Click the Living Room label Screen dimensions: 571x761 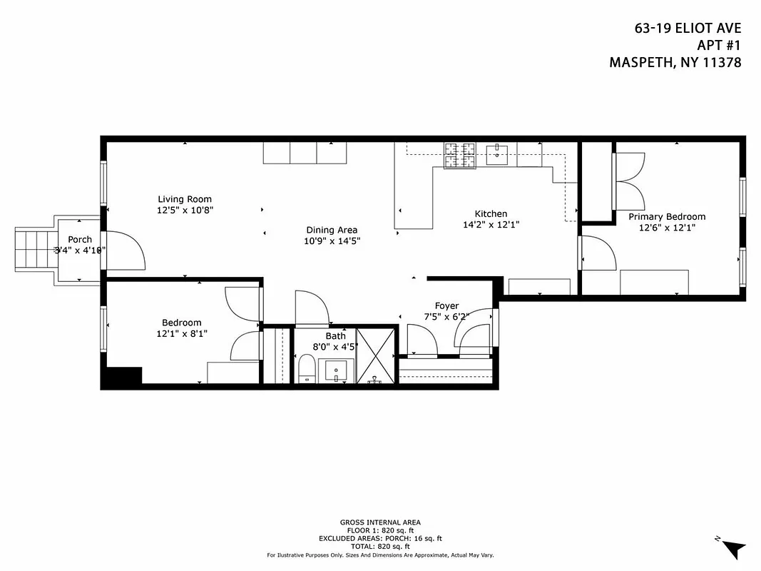185,199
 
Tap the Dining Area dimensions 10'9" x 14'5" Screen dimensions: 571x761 332,241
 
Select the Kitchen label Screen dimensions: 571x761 491,213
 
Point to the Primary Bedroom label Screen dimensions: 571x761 666,216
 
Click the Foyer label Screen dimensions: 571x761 446,305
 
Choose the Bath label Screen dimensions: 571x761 335,335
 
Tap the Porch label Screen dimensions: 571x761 80,239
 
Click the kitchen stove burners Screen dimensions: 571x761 460,156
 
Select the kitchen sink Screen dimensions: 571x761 497,151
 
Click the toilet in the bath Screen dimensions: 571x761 307,370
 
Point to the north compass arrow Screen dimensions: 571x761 732,548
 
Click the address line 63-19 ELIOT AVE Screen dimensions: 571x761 688,29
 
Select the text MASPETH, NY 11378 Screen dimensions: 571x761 675,63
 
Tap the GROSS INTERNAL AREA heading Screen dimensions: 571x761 379,522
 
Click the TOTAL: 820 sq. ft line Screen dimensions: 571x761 379,546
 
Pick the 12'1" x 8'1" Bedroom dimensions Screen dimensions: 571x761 182,333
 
